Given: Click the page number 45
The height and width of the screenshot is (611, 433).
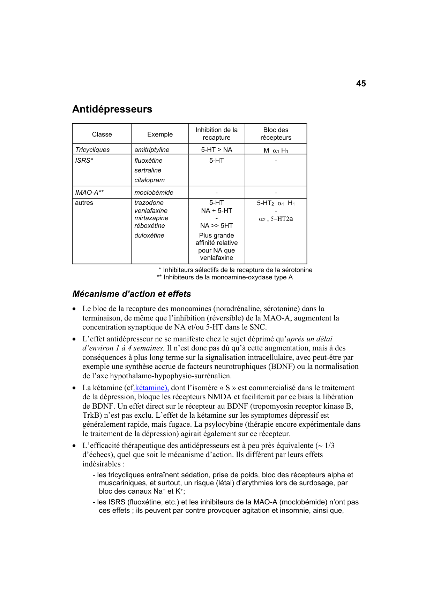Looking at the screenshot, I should [x=361, y=84].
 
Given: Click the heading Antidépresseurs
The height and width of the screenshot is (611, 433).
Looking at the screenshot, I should [x=112, y=109].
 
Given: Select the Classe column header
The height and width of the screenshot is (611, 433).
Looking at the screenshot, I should [x=102, y=134].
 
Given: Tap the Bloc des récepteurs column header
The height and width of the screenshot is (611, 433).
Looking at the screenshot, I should [x=276, y=134].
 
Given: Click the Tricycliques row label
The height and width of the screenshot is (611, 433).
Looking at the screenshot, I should [x=92, y=150].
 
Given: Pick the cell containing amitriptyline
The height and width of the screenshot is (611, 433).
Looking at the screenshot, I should [x=152, y=150].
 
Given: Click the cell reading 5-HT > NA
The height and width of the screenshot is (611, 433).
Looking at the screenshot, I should [x=216, y=150].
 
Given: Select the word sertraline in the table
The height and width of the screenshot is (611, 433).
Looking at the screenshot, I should [x=148, y=170].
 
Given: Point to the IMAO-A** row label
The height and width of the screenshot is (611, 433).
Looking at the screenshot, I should [x=89, y=193].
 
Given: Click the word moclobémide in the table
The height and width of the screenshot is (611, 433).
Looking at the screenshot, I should [x=154, y=193].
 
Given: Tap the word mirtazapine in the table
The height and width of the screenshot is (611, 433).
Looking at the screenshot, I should [x=151, y=218].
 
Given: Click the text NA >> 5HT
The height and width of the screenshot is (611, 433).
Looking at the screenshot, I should [x=216, y=226].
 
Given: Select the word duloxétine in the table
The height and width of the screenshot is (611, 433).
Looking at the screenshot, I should [x=149, y=235].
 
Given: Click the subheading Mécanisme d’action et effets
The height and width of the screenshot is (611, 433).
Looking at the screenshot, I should [x=132, y=294].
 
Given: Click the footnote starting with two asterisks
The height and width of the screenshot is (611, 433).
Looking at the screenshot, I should [x=225, y=277].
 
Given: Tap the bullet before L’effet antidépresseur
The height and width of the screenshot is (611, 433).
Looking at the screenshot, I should [x=74, y=339].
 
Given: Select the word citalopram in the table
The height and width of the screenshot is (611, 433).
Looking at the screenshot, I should [x=149, y=180].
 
